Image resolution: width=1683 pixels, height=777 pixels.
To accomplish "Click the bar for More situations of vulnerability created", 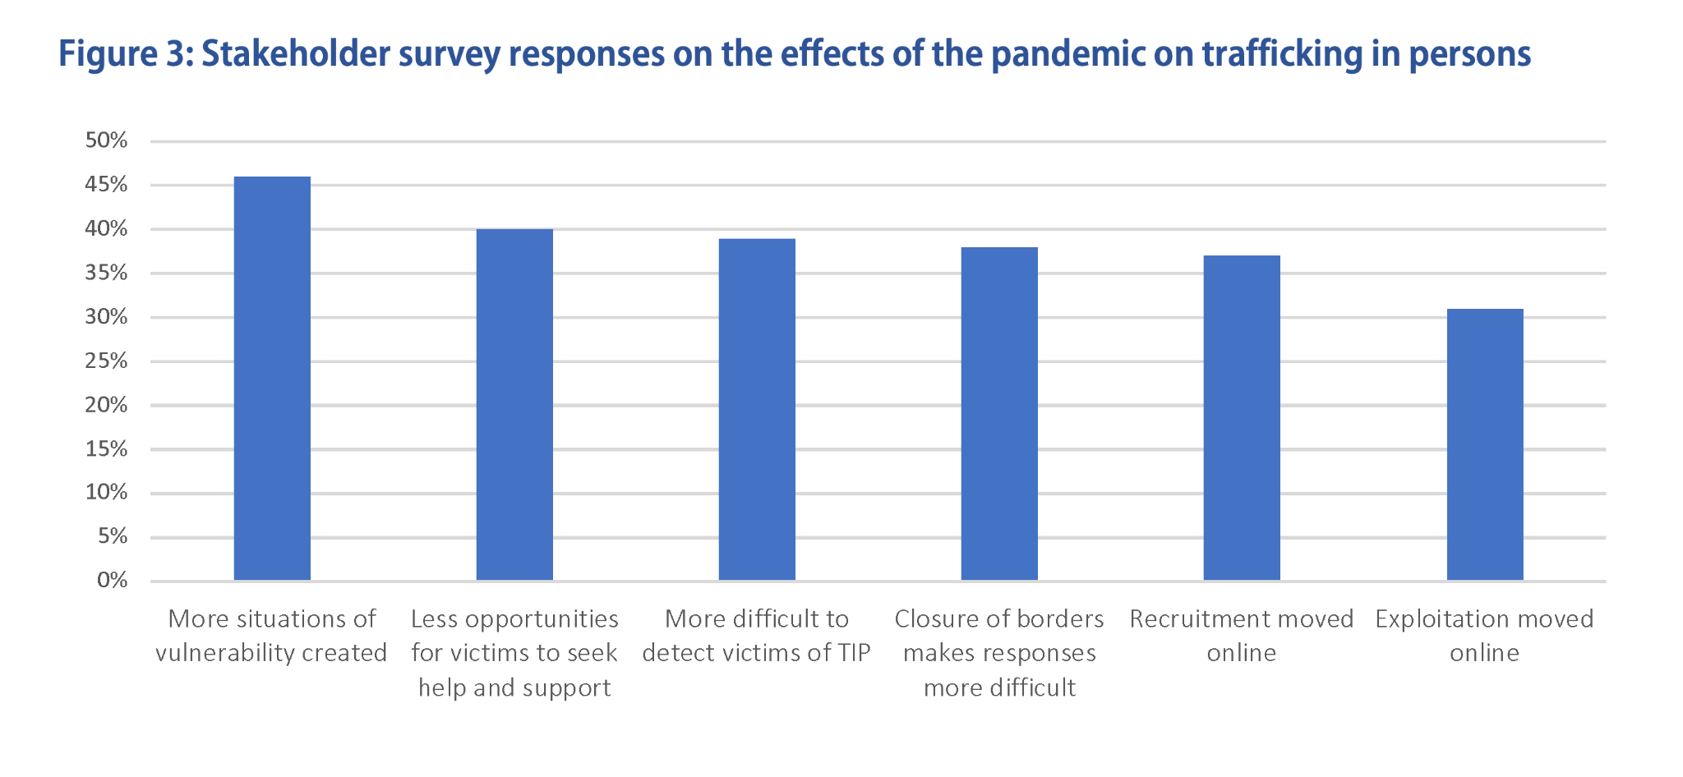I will point(272,379).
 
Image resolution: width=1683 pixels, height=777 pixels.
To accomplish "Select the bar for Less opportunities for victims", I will point(514,405).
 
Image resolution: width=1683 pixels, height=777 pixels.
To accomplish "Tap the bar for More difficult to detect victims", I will point(757,410).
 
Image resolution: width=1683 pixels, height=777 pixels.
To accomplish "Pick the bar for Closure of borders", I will point(999,414).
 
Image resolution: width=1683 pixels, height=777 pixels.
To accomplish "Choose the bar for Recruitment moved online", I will point(1242,418).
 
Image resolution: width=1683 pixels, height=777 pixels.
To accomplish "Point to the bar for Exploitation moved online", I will point(1484,444).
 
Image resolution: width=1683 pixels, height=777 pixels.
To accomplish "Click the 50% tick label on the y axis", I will point(107,140).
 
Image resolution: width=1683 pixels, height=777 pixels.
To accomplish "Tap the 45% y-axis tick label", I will point(107,185).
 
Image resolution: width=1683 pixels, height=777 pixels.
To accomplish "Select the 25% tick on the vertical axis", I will point(107,361).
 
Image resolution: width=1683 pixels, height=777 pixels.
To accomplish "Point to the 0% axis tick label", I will point(112,581).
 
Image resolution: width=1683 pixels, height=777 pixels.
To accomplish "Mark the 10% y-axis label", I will point(107,493).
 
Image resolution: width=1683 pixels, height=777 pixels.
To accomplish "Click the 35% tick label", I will point(107,273).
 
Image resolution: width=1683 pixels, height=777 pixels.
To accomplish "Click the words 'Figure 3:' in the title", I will point(125,54).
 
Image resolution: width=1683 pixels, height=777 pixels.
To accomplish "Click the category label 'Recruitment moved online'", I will point(1242,636).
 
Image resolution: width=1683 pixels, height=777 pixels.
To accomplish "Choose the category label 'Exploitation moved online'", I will point(1484,636).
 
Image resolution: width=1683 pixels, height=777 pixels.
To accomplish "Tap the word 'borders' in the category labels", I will point(1063,618).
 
